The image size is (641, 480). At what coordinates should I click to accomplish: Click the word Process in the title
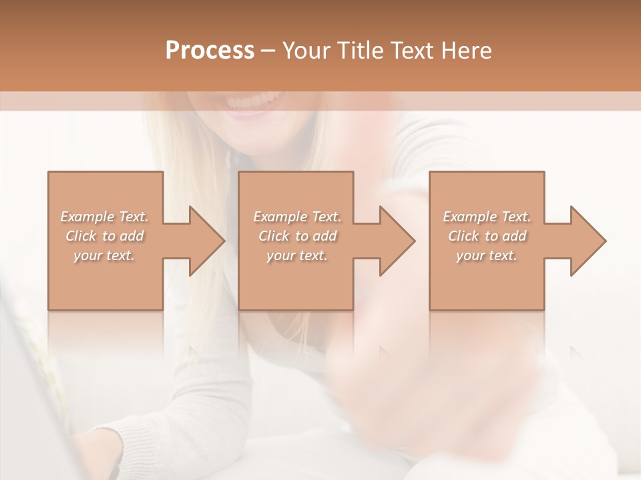[x=210, y=51]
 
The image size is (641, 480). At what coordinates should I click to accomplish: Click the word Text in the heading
[x=412, y=51]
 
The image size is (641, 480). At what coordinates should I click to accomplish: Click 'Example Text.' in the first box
[x=104, y=217]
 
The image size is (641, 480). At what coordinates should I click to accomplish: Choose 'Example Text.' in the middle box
[x=297, y=217]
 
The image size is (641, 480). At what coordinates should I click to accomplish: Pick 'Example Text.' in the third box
[x=487, y=217]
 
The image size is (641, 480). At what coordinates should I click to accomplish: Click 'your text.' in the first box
[x=104, y=255]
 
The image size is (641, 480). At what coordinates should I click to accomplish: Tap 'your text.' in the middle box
[x=297, y=255]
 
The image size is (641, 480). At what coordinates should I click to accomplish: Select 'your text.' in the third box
[x=487, y=255]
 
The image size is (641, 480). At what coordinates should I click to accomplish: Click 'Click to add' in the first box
[x=104, y=236]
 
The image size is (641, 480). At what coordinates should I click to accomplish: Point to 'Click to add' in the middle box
[x=297, y=236]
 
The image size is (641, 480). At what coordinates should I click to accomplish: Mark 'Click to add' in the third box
[x=487, y=236]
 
